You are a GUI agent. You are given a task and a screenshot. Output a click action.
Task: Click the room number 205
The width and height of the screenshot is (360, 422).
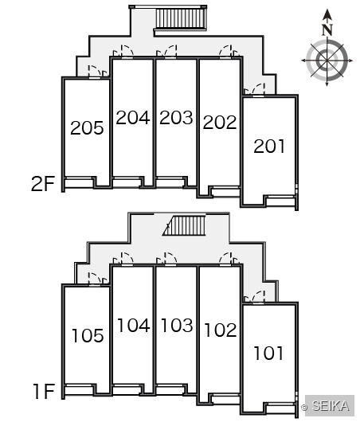[87, 128]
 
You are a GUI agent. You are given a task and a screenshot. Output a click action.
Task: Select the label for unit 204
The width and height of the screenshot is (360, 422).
[133, 118]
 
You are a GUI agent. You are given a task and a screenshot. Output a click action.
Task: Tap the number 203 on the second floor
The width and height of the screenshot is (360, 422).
[176, 118]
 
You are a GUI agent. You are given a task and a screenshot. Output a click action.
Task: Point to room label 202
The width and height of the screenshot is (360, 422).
[220, 122]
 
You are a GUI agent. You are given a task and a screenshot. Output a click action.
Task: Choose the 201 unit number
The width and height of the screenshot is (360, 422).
[269, 147]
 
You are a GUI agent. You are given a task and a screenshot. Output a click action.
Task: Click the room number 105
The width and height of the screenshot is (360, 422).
[88, 335]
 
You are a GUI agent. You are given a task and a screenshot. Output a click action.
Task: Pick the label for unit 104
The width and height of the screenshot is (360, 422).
[134, 325]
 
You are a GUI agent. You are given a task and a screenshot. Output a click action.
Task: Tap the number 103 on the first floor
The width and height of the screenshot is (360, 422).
[177, 325]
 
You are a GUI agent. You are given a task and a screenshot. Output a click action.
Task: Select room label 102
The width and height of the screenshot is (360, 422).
[221, 330]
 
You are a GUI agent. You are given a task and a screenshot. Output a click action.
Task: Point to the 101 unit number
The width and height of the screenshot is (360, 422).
[268, 353]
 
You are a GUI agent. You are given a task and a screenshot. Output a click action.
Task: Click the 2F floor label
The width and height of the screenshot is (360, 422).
[43, 184]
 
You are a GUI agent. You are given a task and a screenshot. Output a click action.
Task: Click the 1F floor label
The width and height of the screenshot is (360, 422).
[44, 391]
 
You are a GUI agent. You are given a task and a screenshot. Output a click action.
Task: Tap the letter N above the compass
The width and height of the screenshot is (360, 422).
[327, 30]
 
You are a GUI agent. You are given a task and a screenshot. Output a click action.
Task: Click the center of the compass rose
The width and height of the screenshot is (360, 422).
[327, 61]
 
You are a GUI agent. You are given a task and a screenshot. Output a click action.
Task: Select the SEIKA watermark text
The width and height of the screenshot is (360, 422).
[331, 406]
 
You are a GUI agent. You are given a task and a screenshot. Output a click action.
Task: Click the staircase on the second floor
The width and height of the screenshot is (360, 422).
[181, 18]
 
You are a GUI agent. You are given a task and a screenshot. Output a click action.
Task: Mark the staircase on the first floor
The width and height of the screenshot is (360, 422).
[185, 225]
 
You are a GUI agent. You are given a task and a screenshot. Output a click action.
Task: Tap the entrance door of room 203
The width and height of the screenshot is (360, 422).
[170, 52]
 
